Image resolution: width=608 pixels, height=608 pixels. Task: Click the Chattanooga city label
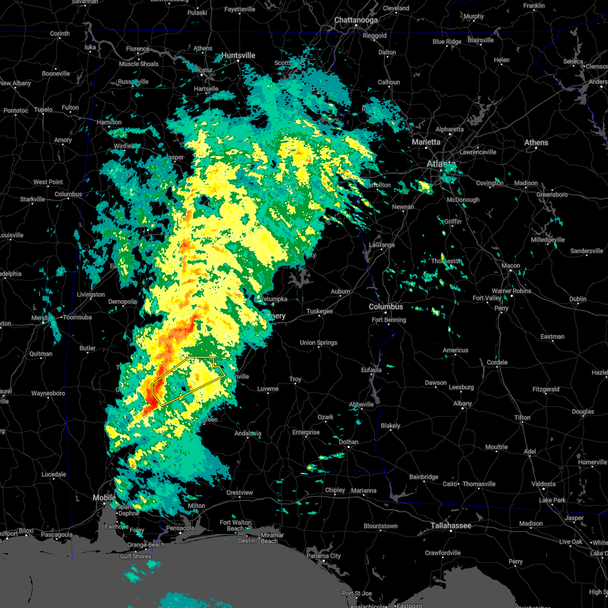tap(356, 20)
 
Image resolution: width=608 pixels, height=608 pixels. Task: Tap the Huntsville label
tap(239, 55)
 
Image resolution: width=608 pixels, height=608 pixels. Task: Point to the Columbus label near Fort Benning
tap(386, 307)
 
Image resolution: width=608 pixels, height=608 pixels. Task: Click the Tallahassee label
tap(451, 525)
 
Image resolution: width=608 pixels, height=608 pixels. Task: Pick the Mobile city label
tap(104, 498)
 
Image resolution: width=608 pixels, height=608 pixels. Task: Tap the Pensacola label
tap(180, 528)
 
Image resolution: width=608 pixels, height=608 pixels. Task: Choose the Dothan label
tap(349, 442)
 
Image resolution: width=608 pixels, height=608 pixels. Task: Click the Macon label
tap(511, 265)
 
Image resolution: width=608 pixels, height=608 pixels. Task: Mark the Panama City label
tap(324, 556)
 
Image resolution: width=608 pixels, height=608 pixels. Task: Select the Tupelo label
tap(43, 109)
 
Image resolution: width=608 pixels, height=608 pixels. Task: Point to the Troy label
tap(295, 379)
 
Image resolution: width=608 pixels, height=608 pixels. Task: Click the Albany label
tap(463, 403)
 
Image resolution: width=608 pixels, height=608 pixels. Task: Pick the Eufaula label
tap(371, 370)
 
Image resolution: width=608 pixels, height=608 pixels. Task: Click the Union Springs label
tap(319, 343)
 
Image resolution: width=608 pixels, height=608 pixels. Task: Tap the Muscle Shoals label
tap(139, 64)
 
